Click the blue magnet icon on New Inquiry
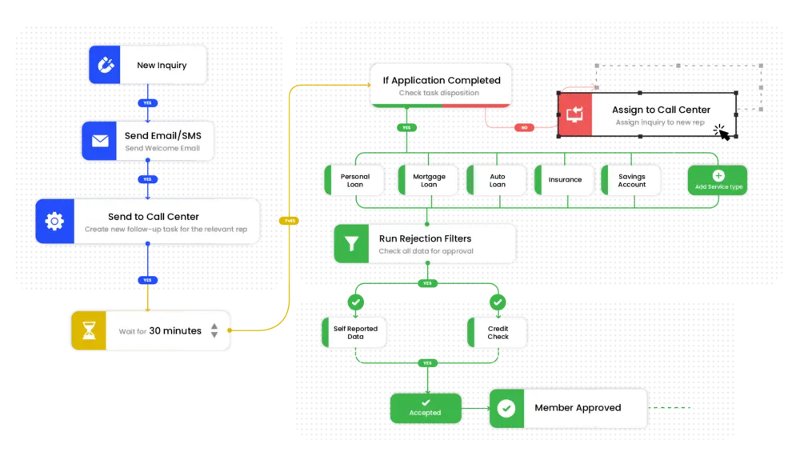click(x=102, y=66)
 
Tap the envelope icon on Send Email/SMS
click(x=100, y=142)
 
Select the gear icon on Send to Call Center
click(x=54, y=222)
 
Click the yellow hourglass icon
click(x=89, y=330)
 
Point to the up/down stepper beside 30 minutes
click(x=214, y=330)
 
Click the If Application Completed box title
click(x=442, y=80)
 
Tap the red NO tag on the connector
click(x=524, y=126)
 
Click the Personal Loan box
click(x=354, y=180)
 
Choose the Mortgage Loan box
click(x=429, y=180)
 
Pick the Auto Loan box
click(x=497, y=180)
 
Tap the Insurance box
click(x=565, y=180)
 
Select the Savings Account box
click(x=631, y=180)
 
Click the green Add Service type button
click(x=718, y=181)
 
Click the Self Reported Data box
click(x=355, y=332)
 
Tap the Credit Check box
click(x=498, y=332)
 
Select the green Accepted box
click(x=425, y=408)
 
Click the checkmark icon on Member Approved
click(x=506, y=408)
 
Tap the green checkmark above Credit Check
click(x=498, y=302)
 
